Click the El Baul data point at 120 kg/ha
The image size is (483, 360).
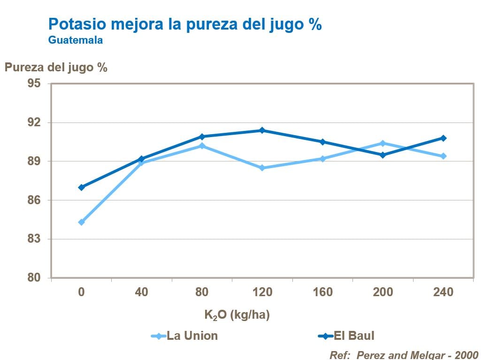(262, 130)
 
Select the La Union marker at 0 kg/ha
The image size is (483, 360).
(81, 222)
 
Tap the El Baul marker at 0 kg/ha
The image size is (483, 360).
(81, 187)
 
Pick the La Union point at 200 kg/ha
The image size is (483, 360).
(383, 143)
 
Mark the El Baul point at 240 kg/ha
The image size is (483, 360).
(443, 138)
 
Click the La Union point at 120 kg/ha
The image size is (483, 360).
(262, 168)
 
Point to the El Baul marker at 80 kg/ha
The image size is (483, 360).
(202, 137)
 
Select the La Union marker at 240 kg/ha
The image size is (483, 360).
(443, 156)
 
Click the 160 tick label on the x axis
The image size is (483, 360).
(322, 292)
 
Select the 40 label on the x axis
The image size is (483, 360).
(141, 292)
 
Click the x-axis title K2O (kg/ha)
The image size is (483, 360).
(237, 315)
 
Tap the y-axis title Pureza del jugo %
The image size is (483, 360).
(56, 67)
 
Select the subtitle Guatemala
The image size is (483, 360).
(76, 40)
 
